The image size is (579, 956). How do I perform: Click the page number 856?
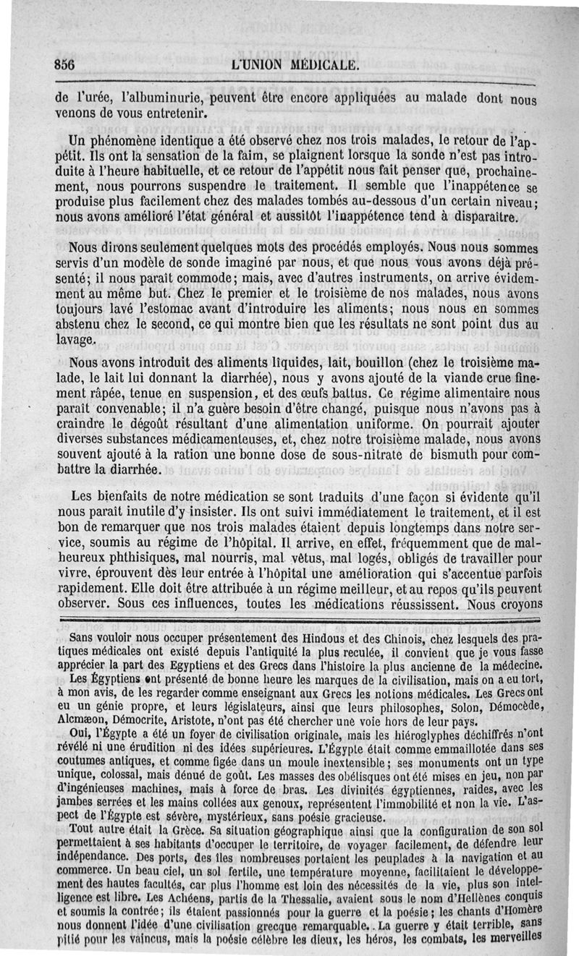point(66,64)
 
